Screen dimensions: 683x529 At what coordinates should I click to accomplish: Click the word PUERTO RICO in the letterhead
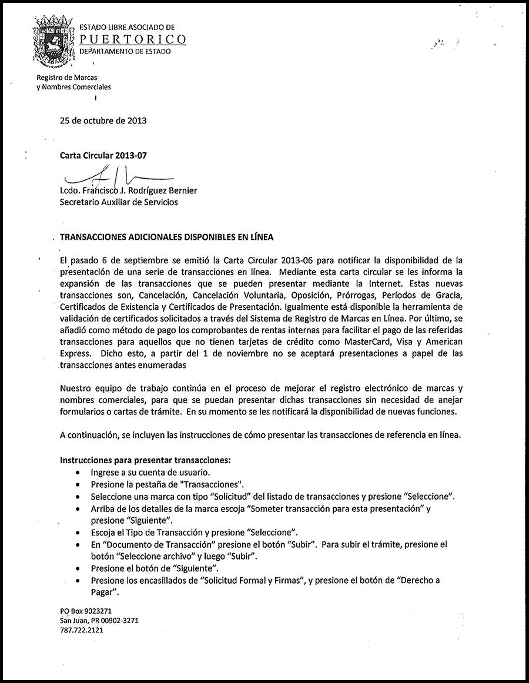[x=133, y=39]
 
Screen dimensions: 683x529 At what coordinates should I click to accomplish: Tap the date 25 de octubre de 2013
[x=103, y=121]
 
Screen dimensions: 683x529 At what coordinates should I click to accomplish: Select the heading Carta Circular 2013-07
[x=103, y=156]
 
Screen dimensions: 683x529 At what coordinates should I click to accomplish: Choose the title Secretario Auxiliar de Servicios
[x=119, y=202]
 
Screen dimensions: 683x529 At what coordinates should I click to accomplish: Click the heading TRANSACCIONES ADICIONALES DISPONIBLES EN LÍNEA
[x=166, y=237]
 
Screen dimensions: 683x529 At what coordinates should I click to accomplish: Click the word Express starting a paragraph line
[x=75, y=353]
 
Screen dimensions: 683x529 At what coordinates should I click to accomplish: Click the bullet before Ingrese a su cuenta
[x=79, y=473]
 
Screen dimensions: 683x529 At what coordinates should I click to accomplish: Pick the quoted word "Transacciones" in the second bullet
[x=212, y=484]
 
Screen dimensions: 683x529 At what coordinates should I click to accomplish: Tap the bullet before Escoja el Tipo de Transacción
[x=79, y=533]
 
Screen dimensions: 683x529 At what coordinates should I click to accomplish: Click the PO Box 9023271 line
[x=86, y=611]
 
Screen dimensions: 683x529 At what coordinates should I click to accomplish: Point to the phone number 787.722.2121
[x=82, y=630]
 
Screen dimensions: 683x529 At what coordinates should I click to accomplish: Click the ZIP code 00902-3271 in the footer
[x=118, y=620]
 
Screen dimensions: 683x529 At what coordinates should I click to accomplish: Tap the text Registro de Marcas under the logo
[x=67, y=78]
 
